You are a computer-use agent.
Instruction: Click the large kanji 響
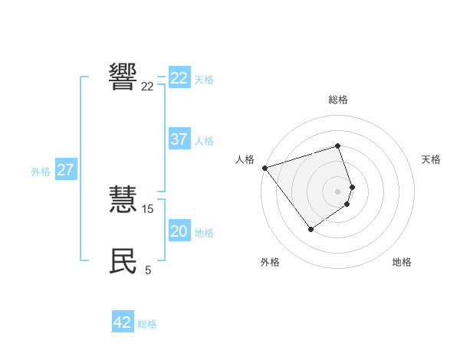pos(123,77)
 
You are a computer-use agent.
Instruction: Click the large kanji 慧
pos(123,200)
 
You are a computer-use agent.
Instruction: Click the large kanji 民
pos(123,261)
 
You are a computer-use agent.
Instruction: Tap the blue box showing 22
pos(179,78)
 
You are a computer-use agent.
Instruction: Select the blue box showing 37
pos(179,139)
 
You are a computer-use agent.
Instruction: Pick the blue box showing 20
pos(179,231)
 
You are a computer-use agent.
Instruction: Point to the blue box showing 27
pos(65,170)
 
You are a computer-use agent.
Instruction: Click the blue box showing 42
pos(123,322)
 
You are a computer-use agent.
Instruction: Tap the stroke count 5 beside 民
pos(148,270)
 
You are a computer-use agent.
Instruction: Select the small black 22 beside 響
pos(148,87)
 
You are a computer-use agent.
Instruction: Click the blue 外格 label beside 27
pos(41,172)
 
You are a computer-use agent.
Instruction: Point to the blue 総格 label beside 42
pos(147,324)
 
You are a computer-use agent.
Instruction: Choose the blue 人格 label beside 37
pos(204,141)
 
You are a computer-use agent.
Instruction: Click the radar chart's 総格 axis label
pos(338,100)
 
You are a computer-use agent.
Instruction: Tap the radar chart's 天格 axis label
pos(431,159)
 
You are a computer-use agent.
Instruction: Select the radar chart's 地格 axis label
pos(402,263)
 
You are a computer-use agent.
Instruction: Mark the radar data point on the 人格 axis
pos(264,168)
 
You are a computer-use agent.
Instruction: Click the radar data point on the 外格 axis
pos(310,229)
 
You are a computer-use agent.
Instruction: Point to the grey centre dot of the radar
pos(338,191)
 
